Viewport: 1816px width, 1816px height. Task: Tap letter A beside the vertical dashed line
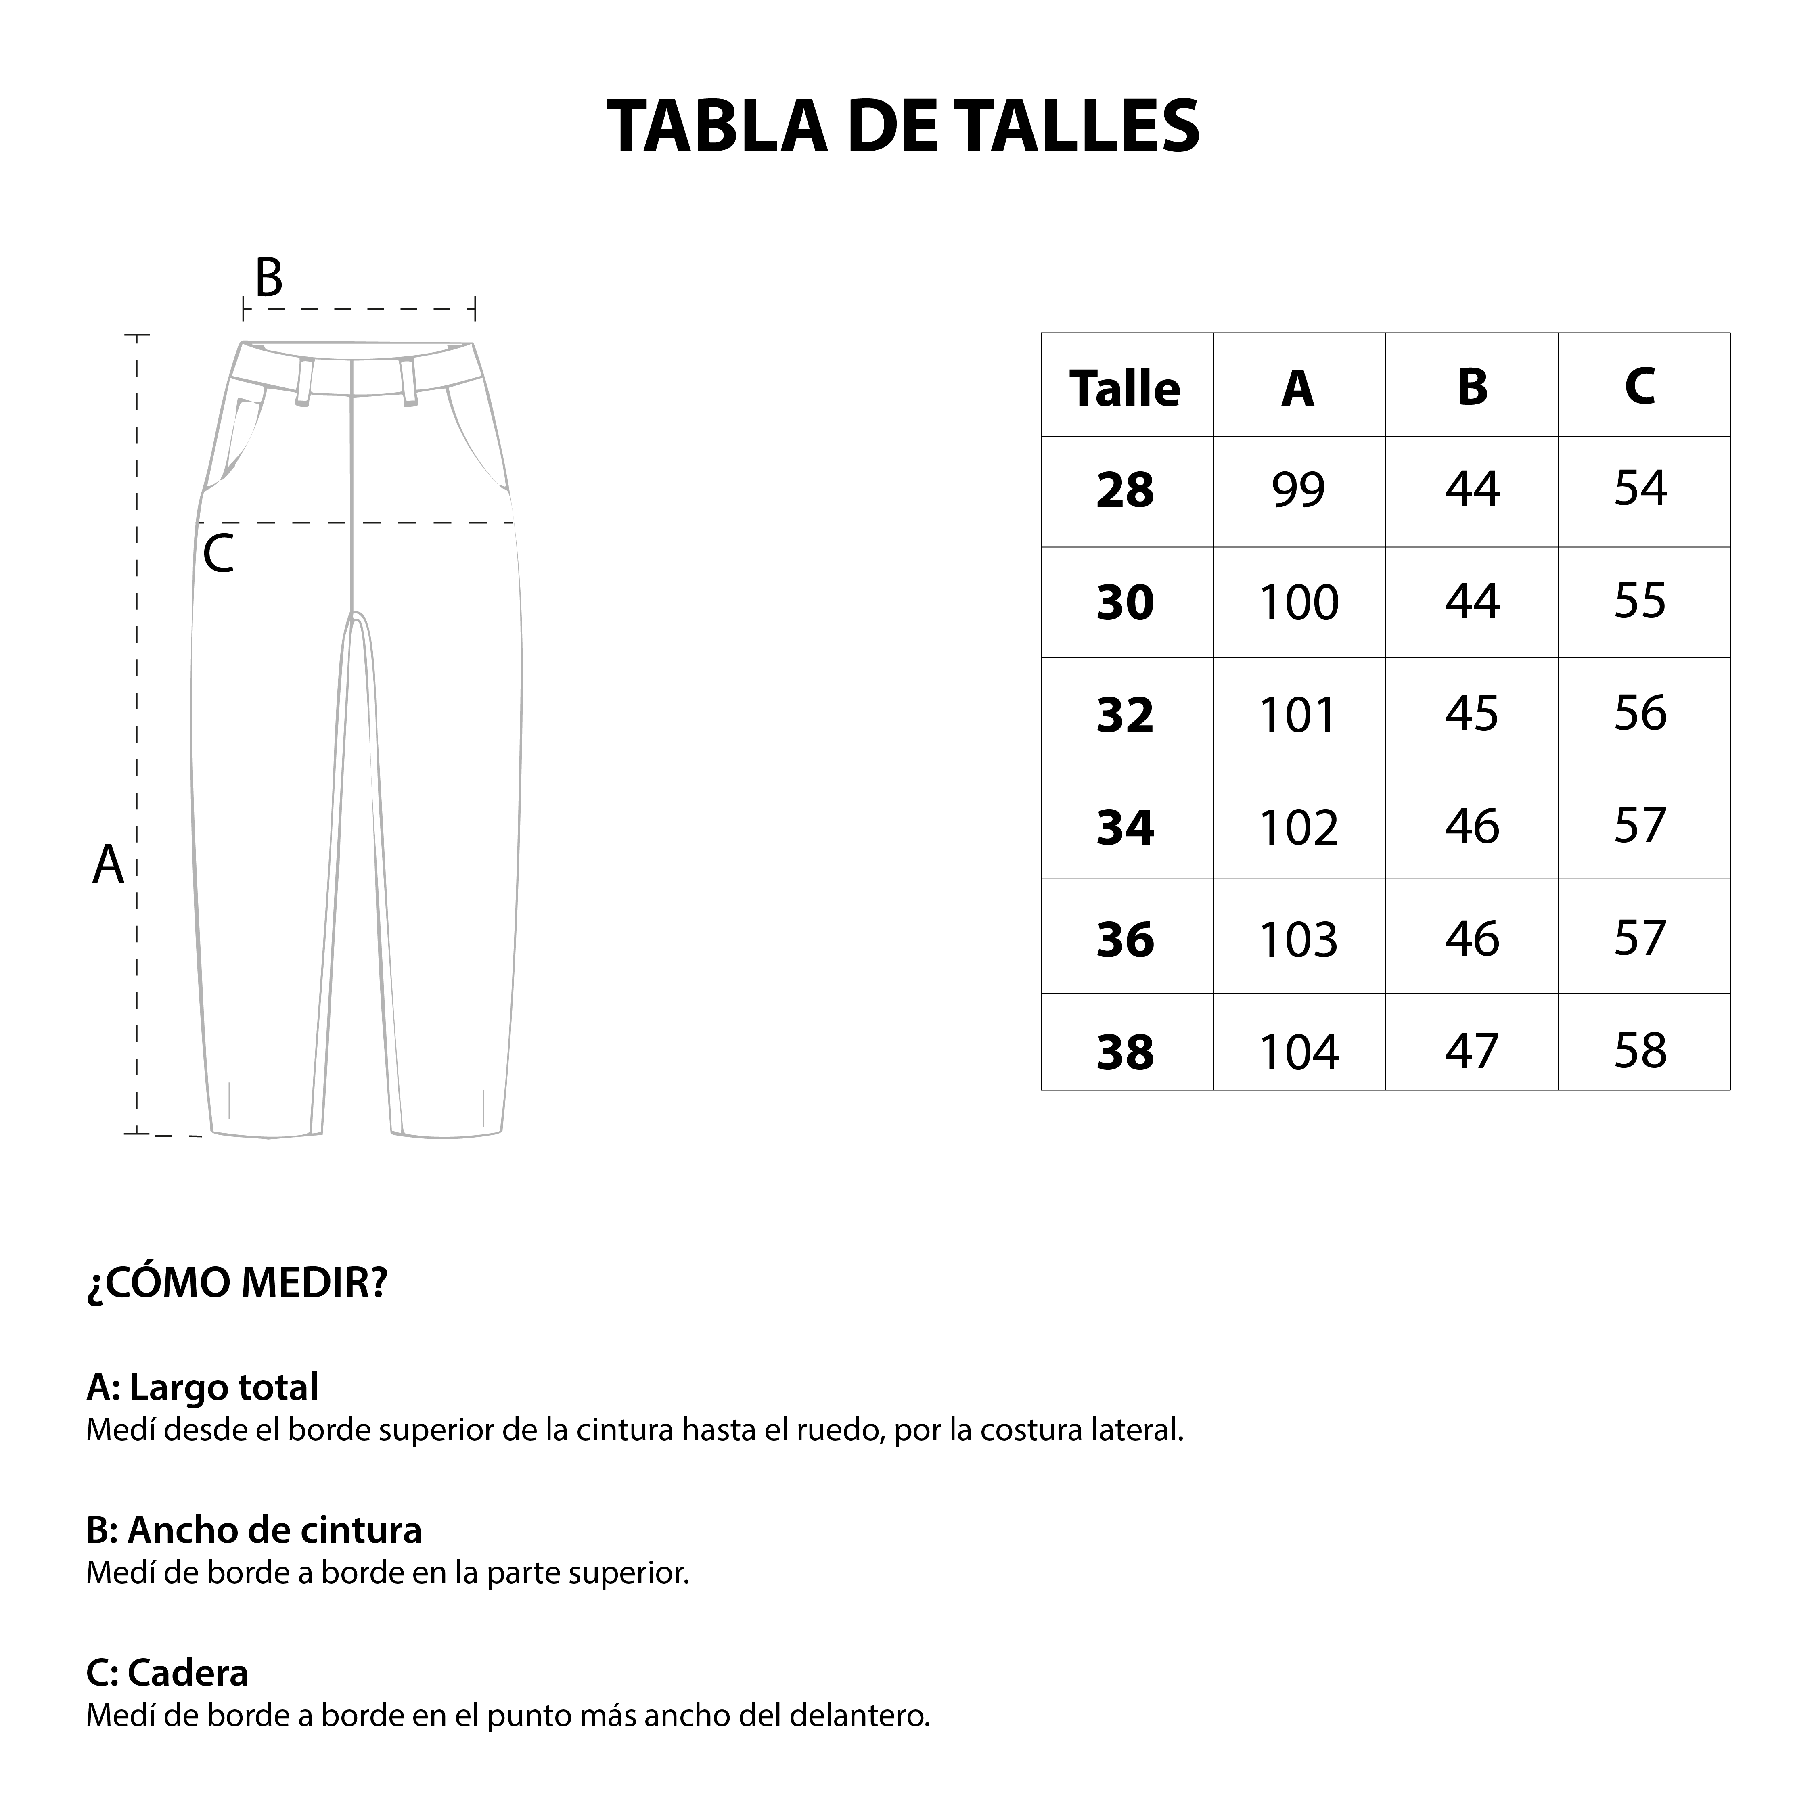click(x=108, y=865)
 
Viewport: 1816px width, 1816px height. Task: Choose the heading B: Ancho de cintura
click(x=254, y=1530)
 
